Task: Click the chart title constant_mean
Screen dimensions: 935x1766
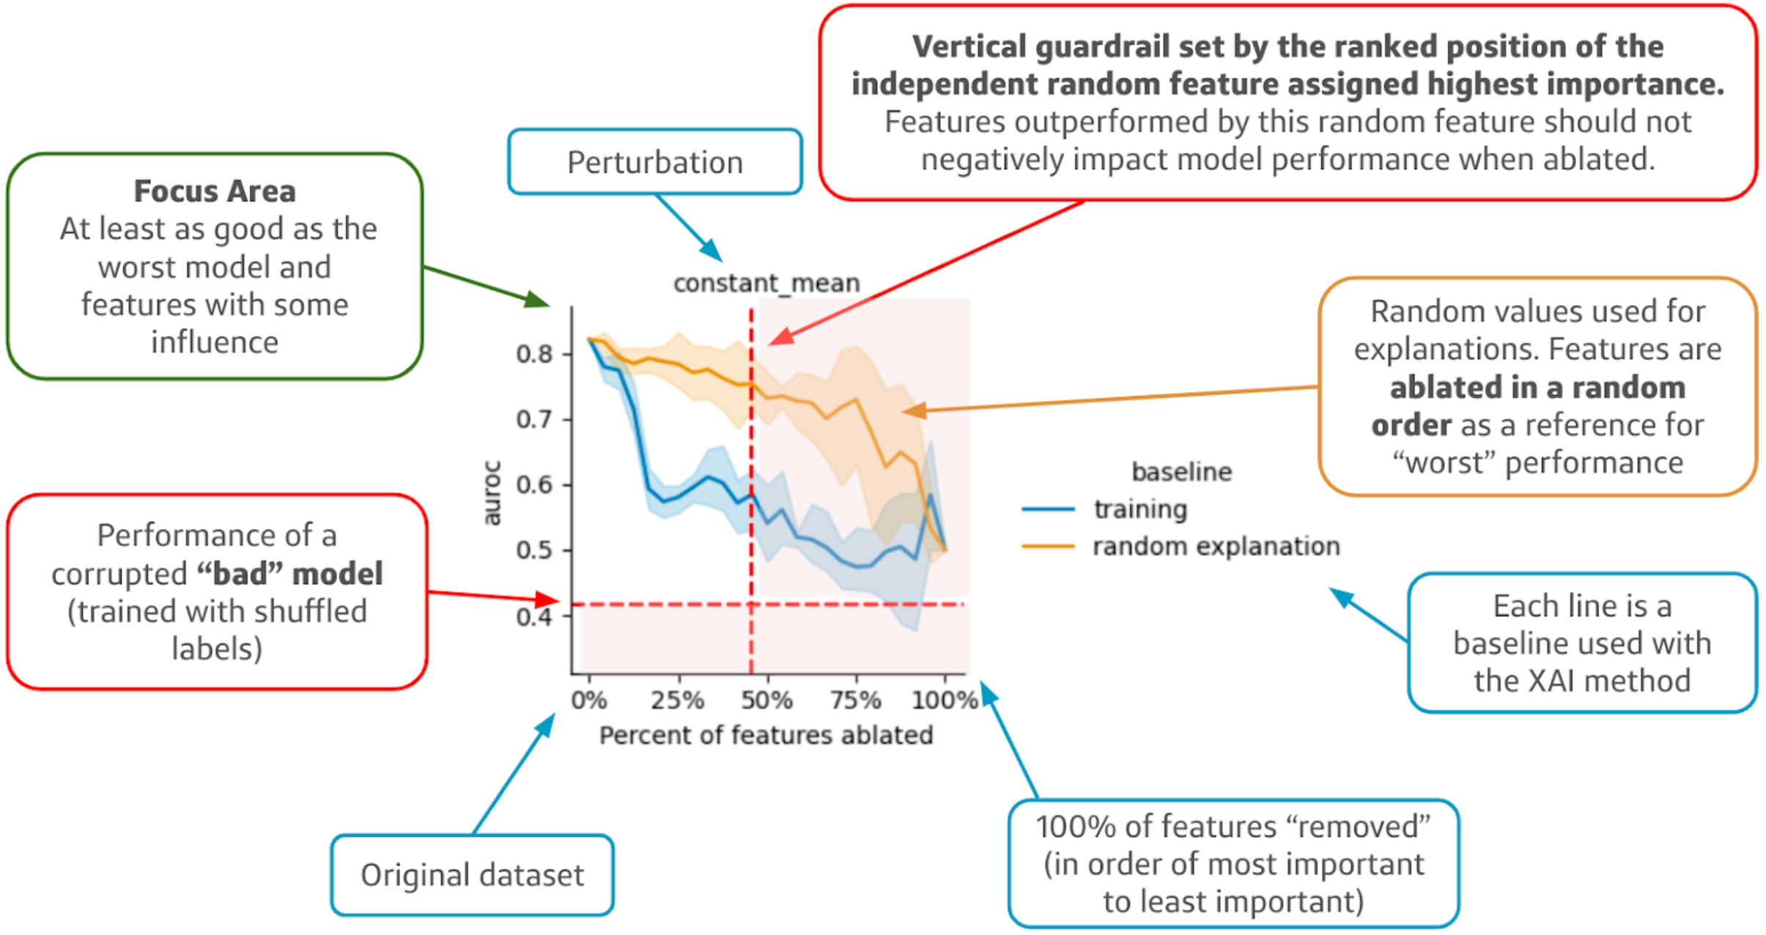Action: (x=766, y=283)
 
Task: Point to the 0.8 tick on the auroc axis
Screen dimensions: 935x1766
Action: (x=534, y=354)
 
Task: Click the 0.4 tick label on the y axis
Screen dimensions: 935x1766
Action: (x=534, y=616)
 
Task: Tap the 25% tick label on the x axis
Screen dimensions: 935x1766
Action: (x=677, y=700)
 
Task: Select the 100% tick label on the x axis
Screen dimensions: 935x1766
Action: (x=944, y=700)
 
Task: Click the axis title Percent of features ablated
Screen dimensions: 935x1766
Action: (x=766, y=735)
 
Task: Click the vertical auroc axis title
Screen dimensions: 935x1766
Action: (x=492, y=492)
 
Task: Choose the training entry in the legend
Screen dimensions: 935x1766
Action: (x=1139, y=509)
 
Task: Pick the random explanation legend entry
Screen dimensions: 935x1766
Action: (x=1215, y=546)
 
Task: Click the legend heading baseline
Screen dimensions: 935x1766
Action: (x=1181, y=471)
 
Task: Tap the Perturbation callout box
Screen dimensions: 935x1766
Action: (x=654, y=162)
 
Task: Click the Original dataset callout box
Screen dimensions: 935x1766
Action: (x=472, y=875)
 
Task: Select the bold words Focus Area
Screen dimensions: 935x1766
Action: (x=215, y=191)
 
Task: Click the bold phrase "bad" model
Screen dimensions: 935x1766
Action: (x=290, y=574)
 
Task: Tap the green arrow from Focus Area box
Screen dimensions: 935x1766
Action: (x=484, y=284)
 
